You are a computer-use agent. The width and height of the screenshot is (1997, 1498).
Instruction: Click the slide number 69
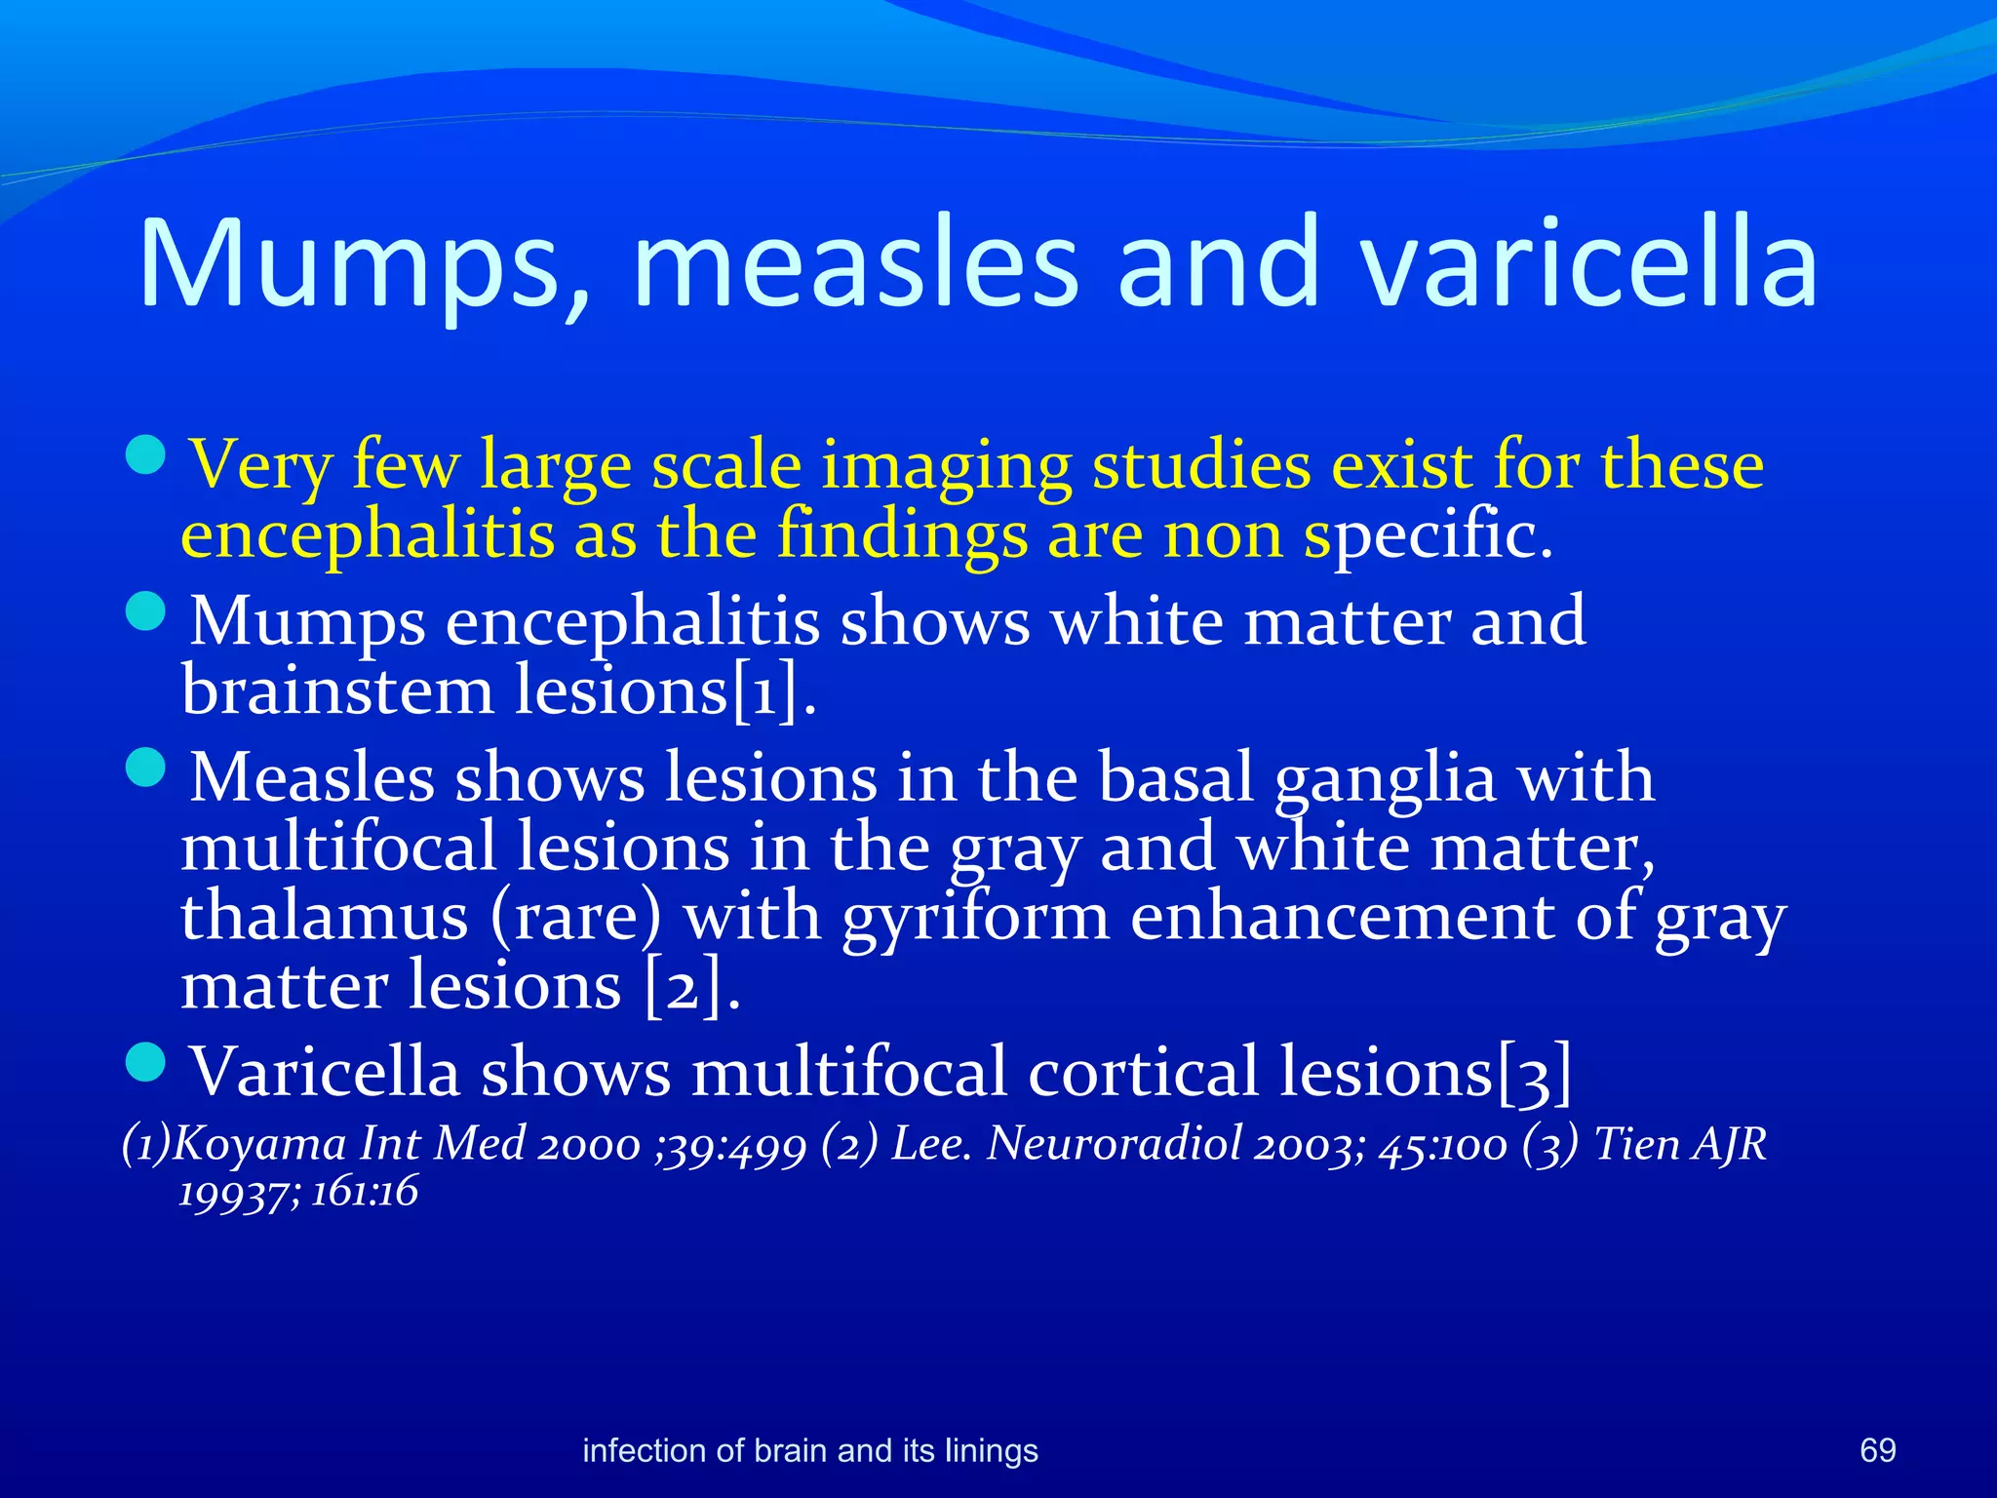click(1877, 1450)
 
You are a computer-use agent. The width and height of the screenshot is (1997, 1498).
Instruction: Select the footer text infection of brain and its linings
click(809, 1451)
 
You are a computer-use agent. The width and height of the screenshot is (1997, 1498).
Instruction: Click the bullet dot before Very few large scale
click(147, 454)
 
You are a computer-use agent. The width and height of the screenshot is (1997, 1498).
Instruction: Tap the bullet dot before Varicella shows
click(147, 1061)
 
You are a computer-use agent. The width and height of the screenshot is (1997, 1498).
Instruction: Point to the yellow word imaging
click(945, 466)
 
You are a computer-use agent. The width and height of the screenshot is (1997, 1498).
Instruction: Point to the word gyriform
click(976, 919)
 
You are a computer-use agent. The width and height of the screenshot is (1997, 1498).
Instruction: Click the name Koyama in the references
click(259, 1144)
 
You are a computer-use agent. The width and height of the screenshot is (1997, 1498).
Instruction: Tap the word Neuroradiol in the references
click(1115, 1144)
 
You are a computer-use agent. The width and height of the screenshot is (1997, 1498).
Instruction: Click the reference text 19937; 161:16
click(298, 1192)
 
